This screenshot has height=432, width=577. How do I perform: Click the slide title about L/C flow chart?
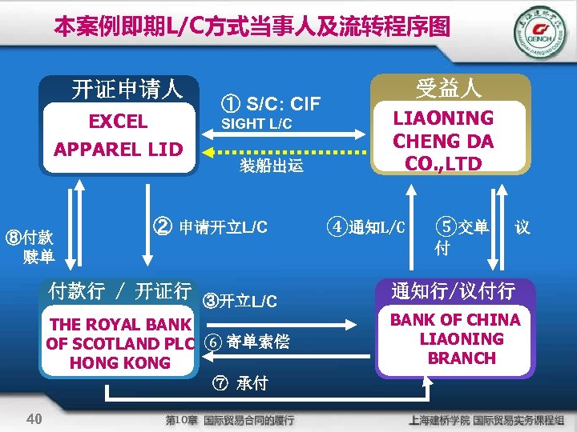(x=252, y=27)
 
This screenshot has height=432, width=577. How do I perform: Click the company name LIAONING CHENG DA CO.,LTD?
(x=442, y=141)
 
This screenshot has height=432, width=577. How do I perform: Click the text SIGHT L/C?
(x=256, y=124)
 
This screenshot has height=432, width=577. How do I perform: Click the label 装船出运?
(x=272, y=166)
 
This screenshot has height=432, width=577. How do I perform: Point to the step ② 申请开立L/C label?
(x=209, y=226)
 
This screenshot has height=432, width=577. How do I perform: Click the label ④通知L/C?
(x=366, y=227)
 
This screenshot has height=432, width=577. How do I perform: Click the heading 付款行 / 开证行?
(x=119, y=291)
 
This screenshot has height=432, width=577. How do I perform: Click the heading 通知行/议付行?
(x=452, y=290)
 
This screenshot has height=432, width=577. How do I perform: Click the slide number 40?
(x=34, y=418)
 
